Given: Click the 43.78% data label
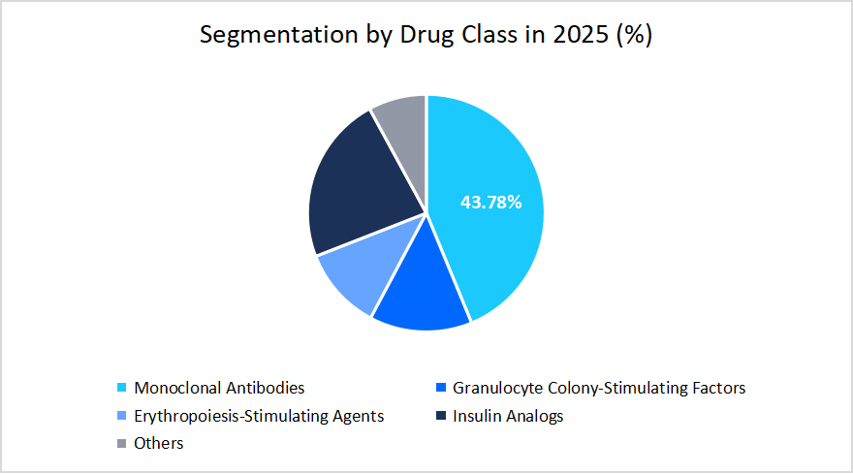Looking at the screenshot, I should coord(490,203).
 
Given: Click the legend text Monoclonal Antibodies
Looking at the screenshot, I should coord(219,388).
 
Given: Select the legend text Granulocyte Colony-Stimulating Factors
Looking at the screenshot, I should coord(599,388).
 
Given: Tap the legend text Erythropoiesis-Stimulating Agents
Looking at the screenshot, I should coord(259,416).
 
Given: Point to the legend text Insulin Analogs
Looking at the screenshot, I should coord(507,416).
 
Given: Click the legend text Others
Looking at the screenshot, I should coord(159,443).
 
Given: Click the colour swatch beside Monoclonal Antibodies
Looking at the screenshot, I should coord(121,389).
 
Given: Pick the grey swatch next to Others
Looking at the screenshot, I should coord(121,444).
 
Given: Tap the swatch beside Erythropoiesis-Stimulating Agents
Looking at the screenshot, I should coord(121,417).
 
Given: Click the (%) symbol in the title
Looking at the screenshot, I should coord(635,35).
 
